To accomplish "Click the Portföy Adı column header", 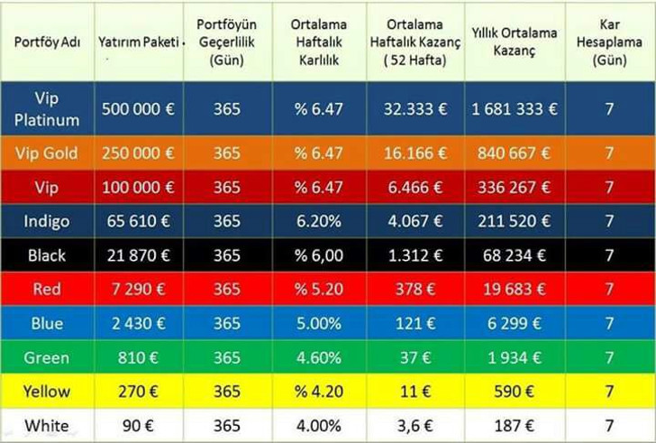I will pyautogui.click(x=46, y=43).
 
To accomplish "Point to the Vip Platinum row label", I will pyautogui.click(x=46, y=108).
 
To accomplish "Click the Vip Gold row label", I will pyautogui.click(x=46, y=153).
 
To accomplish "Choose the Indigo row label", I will pyautogui.click(x=46, y=221).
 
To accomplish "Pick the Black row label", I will pyautogui.click(x=46, y=255).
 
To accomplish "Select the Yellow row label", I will pyautogui.click(x=46, y=392).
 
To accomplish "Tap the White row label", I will pyautogui.click(x=46, y=426).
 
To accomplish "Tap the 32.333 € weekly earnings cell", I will pyautogui.click(x=415, y=109).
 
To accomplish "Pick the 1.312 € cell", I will pyautogui.click(x=415, y=255).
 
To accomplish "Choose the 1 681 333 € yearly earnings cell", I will pyautogui.click(x=514, y=109).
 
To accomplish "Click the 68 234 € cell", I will pyautogui.click(x=514, y=255).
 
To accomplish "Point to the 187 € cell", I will pyautogui.click(x=514, y=426).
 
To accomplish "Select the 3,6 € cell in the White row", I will pyautogui.click(x=415, y=426).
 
